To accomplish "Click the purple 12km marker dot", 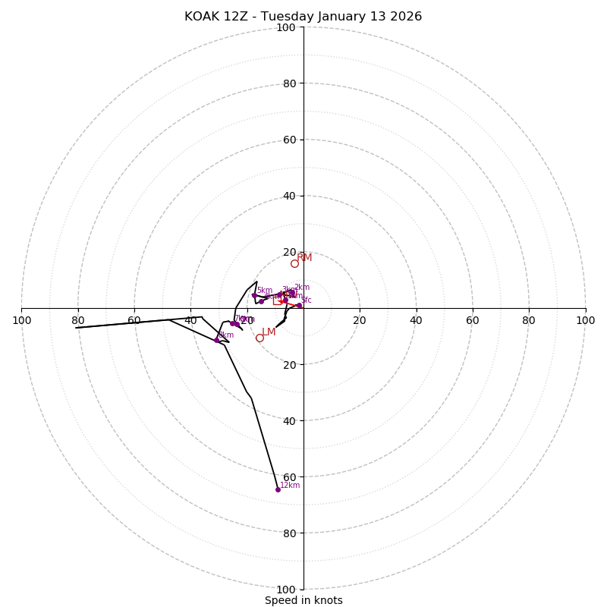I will (278, 489).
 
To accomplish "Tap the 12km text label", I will (290, 486).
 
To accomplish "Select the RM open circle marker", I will (294, 263).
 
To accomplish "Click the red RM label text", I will (304, 258).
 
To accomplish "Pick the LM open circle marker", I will (259, 338).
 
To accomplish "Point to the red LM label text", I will (269, 332).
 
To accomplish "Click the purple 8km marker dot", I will (217, 340).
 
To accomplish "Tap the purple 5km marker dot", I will (254, 295).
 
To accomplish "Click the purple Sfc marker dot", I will (298, 305).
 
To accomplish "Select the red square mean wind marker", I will (285, 300).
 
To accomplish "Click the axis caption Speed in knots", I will (303, 600).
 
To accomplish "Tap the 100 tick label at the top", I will (286, 27).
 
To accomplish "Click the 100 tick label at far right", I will (585, 320).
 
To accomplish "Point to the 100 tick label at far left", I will (22, 320).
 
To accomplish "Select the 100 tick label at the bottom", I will (286, 589).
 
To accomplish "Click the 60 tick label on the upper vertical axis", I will (288, 140).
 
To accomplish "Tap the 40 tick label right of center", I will (416, 320).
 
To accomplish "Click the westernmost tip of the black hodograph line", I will (76, 328).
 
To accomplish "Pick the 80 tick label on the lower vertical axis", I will (288, 533).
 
